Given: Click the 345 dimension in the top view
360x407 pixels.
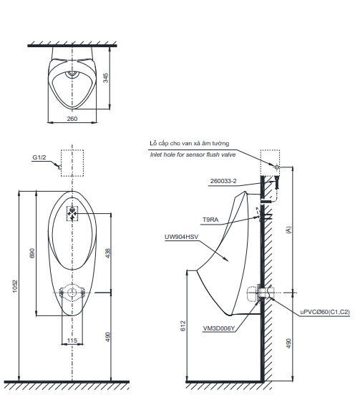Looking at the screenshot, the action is coord(105,78).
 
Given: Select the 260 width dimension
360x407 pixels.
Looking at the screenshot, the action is coord(72,119).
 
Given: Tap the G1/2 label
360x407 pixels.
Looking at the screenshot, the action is coord(39,157).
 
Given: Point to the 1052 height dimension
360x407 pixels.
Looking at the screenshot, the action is coord(15,286).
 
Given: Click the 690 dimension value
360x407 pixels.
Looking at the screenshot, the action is coord(32,253).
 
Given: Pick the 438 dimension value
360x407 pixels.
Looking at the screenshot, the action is coord(108,253).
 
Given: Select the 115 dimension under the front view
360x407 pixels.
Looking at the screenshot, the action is coord(72,340).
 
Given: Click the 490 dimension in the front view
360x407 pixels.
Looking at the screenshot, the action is coord(108,337).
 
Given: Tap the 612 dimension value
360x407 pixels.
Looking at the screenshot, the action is coord(183,325).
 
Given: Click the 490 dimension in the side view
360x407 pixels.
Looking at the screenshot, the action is coord(288,343).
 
